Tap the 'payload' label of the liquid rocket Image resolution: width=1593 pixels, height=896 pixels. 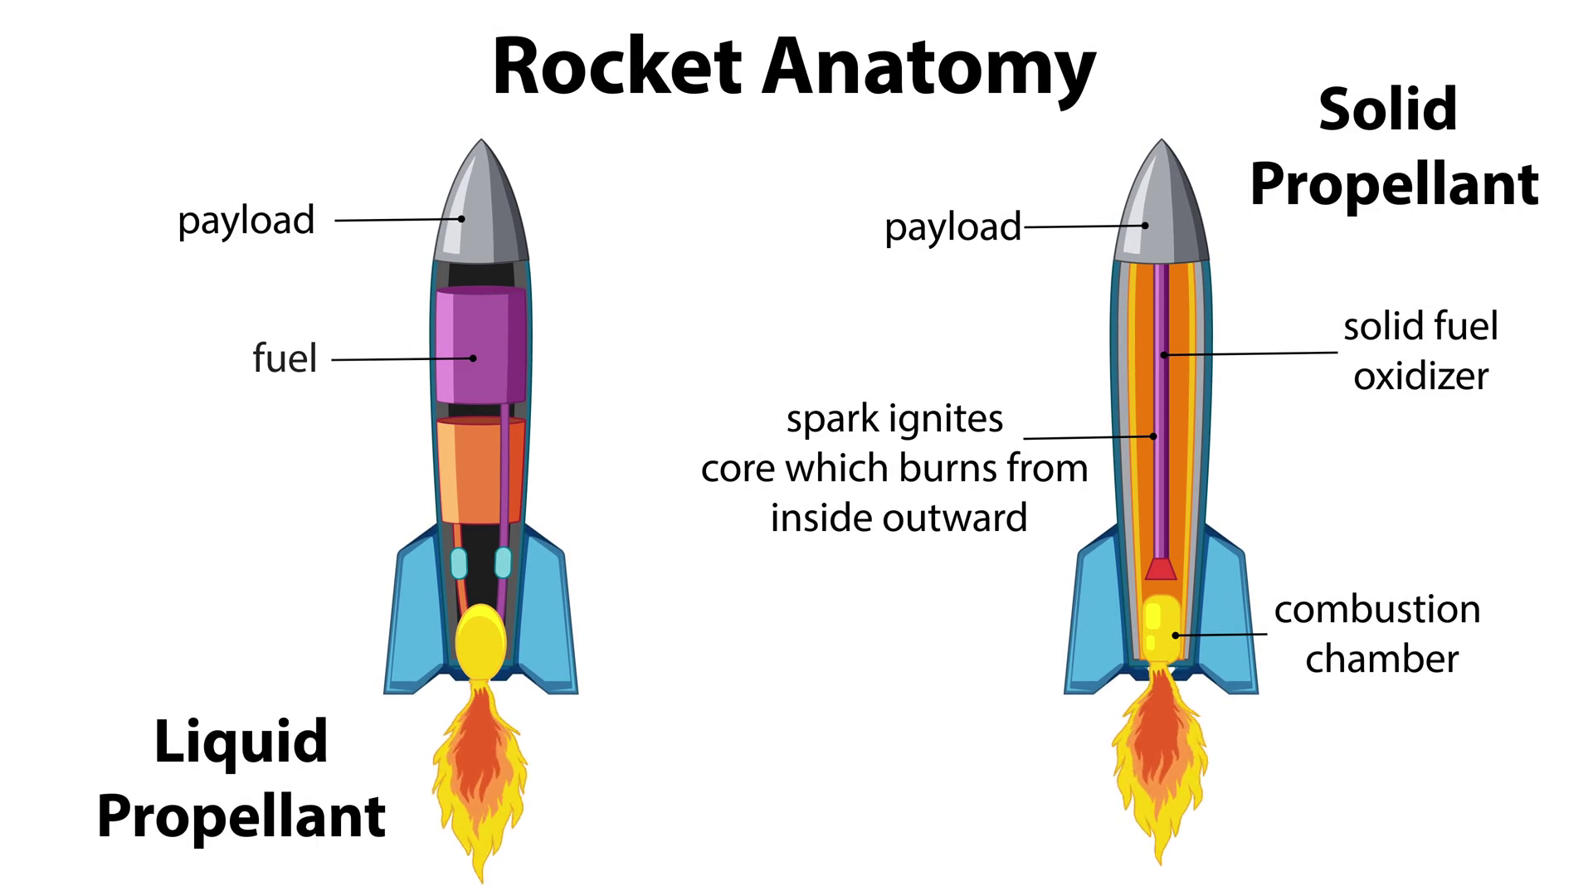246,221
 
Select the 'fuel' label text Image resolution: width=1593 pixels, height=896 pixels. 285,358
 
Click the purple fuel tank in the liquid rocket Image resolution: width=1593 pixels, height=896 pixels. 480,344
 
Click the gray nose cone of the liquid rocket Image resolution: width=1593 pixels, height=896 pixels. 482,207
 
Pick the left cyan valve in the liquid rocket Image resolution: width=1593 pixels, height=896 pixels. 459,563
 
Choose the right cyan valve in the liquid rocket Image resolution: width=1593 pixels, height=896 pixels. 503,562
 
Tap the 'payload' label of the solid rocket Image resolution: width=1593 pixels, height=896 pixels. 952,227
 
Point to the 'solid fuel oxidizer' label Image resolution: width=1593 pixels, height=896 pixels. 1420,351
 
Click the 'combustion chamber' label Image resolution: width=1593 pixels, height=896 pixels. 1377,634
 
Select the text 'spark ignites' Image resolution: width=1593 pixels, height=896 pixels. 894,419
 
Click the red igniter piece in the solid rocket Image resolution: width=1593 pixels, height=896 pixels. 1161,569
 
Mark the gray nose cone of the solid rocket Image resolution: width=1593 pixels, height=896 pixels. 1162,207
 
